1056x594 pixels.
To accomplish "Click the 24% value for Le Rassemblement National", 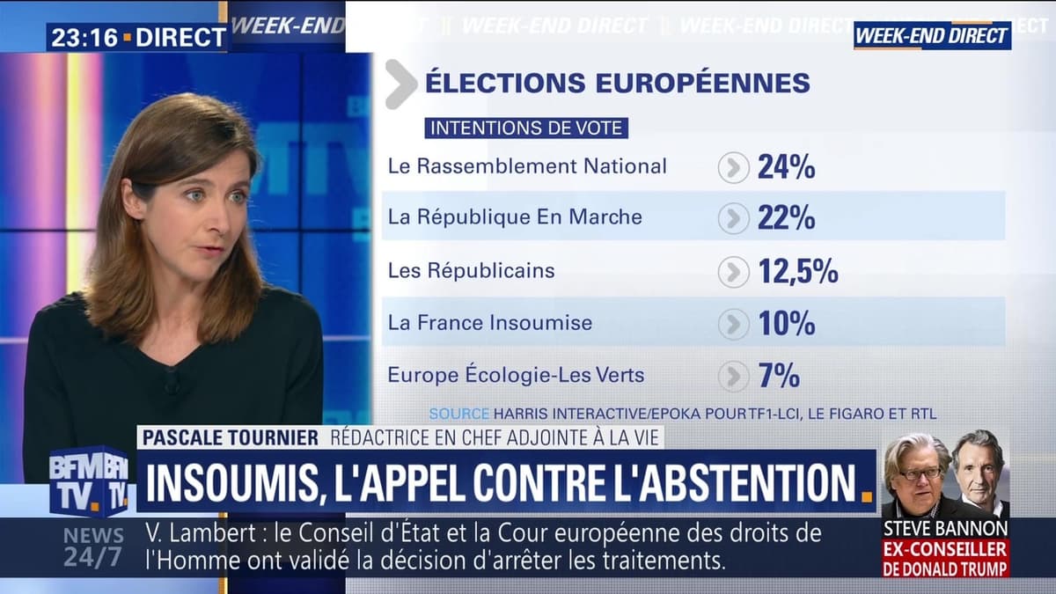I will [x=786, y=166].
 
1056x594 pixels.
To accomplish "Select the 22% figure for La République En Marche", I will [x=786, y=217].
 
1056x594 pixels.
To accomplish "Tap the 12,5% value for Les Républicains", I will [x=797, y=271].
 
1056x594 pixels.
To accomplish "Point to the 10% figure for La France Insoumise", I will [x=786, y=323].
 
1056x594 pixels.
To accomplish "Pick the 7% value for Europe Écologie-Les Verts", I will [x=779, y=376].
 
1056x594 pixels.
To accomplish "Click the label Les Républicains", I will [x=471, y=270].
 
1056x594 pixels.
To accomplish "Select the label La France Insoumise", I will [x=489, y=323].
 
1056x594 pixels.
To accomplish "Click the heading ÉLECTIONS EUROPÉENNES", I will [x=617, y=83].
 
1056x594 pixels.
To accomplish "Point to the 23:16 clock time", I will [x=81, y=37].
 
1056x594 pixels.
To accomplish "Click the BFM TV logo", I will [x=88, y=481].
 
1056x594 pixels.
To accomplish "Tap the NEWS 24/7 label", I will [x=93, y=546].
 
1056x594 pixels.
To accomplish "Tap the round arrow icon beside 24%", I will [x=733, y=167].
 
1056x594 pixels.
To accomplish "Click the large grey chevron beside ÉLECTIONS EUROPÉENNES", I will [x=400, y=84].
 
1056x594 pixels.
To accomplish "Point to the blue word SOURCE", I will [x=458, y=413].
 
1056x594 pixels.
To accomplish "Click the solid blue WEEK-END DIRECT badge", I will [x=931, y=36].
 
